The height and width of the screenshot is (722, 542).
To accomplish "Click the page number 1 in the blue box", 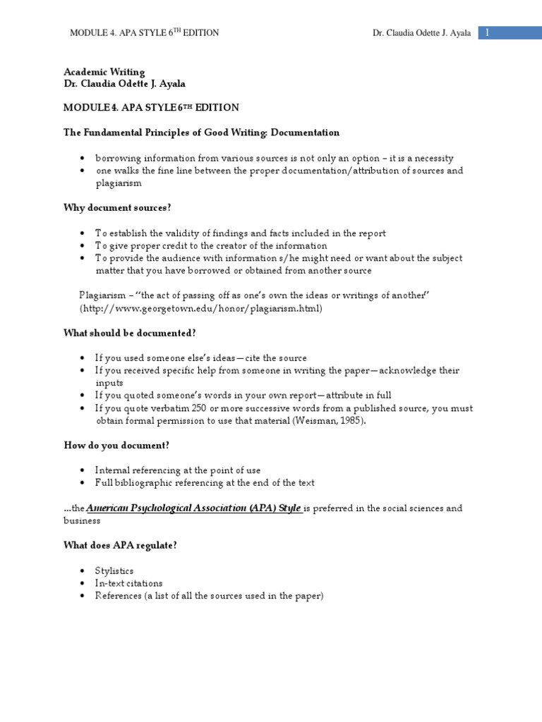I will point(487,32).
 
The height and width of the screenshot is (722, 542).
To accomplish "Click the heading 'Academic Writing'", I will point(104,72).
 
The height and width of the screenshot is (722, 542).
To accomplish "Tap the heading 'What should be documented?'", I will point(130,334).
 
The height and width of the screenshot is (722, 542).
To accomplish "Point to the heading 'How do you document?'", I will point(116,446).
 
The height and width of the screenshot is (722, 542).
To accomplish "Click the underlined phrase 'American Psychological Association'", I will point(165,508).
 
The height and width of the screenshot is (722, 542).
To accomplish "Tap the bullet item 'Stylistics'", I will point(114,570).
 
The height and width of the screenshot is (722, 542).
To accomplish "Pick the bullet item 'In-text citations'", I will point(129,583).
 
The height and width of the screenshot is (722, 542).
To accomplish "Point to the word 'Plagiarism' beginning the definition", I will point(102,296).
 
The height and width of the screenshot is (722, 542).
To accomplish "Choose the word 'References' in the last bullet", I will point(119,596).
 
